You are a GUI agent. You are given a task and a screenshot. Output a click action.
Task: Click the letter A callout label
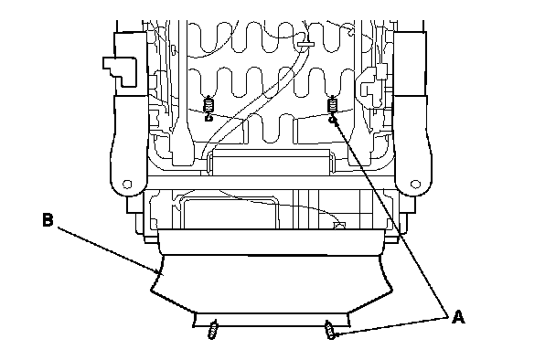pyautogui.click(x=458, y=317)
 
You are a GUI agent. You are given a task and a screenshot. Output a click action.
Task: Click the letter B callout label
pyautogui.click(x=48, y=219)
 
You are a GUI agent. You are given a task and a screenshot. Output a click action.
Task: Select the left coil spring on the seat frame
pyautogui.click(x=208, y=104)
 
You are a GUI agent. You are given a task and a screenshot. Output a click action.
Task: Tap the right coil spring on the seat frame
pyautogui.click(x=332, y=104)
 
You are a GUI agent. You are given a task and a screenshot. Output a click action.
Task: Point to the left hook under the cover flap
pyautogui.click(x=213, y=330)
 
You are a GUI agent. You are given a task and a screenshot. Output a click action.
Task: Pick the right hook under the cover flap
pyautogui.click(x=330, y=330)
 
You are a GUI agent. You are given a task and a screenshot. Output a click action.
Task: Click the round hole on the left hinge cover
pyautogui.click(x=127, y=185)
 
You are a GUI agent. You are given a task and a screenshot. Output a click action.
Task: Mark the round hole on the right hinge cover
pyautogui.click(x=415, y=185)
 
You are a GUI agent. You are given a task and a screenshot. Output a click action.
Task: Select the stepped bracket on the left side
pyautogui.click(x=120, y=71)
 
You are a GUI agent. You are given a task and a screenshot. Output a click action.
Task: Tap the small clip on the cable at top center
pyautogui.click(x=305, y=44)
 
